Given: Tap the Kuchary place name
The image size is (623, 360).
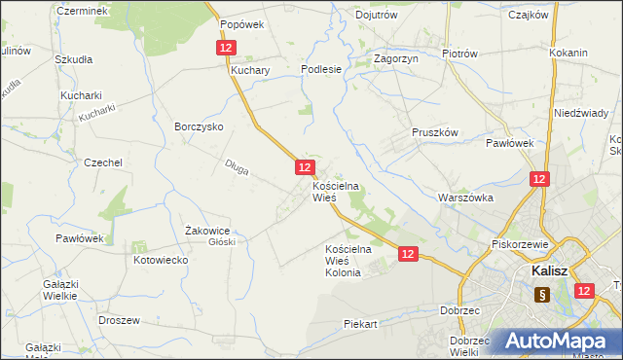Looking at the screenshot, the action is coord(249,70).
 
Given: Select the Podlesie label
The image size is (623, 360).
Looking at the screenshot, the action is coord(321,69).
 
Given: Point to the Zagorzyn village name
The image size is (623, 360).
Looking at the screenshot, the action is coord(395,58).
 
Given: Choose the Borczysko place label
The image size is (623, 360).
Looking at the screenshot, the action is coord(200,126).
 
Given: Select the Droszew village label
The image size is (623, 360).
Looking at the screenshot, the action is coord(120,320).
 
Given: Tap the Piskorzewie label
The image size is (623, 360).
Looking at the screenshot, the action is coord(522,244).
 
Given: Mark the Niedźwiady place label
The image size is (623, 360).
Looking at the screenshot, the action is coord(581,113).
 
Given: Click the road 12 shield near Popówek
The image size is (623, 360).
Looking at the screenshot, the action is coord(226,48).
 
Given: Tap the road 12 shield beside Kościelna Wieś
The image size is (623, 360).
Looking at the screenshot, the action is coord(304,168).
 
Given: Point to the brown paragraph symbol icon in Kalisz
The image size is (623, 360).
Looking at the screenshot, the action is coord(542,294).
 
